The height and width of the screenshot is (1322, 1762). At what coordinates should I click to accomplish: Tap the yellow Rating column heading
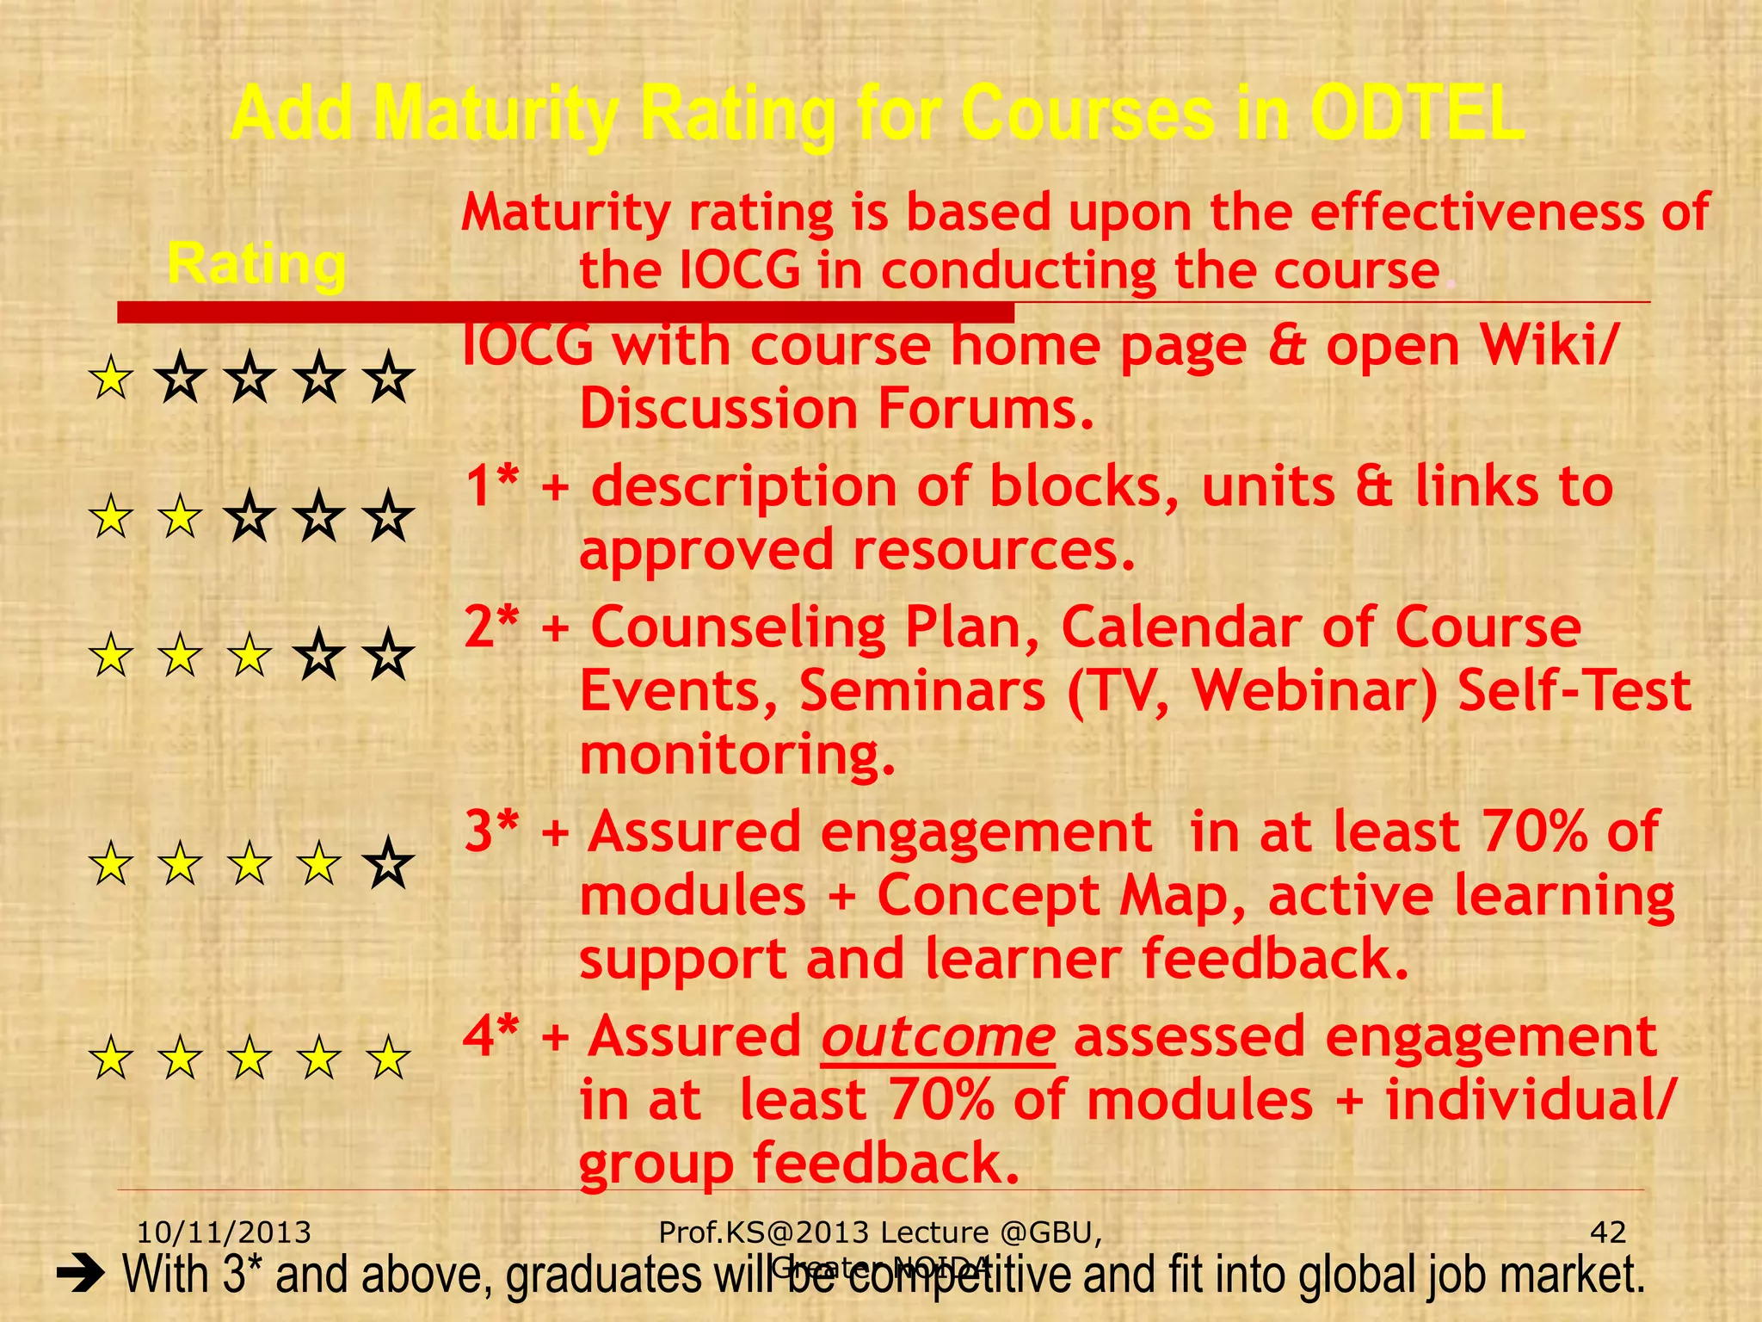pos(256,264)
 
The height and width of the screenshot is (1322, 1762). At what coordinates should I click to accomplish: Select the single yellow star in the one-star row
pos(112,379)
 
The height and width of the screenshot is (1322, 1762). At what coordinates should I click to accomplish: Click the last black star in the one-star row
pos(389,379)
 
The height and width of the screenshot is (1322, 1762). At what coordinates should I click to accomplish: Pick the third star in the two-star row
pos(250,517)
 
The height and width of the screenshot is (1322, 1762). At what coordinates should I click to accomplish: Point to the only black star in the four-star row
pos(389,863)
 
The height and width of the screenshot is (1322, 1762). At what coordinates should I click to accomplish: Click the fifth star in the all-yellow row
pos(389,1058)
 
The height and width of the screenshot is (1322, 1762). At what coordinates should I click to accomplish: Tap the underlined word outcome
pos(938,1037)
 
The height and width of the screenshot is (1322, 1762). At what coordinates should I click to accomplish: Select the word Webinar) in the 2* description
pos(1315,691)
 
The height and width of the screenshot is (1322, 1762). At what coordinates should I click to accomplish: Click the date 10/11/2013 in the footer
pos(225,1232)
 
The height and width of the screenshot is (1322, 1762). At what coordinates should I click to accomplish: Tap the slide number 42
pos(1608,1232)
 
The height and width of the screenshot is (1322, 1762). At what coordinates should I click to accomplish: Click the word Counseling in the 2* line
pos(738,628)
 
